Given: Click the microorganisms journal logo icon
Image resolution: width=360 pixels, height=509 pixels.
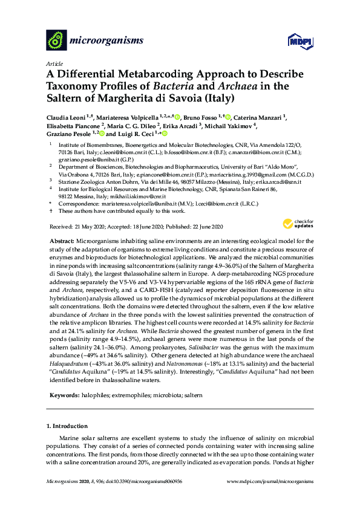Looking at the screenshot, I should click(x=56, y=41).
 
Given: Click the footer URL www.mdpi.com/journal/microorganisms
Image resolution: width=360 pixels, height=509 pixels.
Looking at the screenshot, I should click(x=270, y=498).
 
